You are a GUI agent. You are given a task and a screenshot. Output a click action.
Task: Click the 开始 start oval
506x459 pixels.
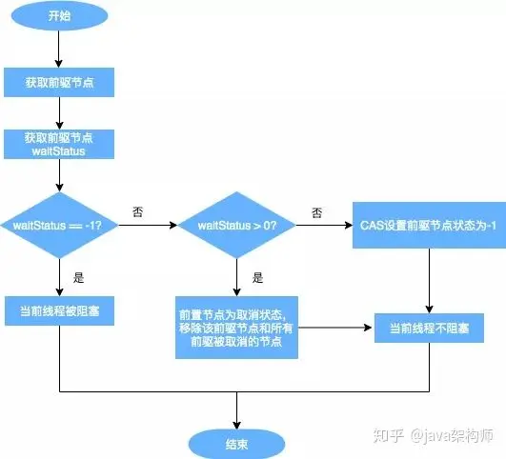coord(59,17)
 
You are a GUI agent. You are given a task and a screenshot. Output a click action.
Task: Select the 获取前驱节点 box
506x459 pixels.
coord(59,83)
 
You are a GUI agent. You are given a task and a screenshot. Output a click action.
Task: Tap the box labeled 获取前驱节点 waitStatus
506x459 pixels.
coord(59,145)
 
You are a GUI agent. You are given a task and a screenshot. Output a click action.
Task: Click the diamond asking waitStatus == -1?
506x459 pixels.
coord(59,225)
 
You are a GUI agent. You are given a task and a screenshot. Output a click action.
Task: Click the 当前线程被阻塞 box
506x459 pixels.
coord(59,312)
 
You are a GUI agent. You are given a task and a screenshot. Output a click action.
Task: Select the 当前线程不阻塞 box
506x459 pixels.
coord(429,328)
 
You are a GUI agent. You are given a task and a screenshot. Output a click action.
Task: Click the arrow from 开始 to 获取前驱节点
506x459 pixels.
coord(59,50)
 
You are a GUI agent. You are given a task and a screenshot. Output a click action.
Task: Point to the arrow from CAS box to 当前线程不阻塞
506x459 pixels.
coord(429,281)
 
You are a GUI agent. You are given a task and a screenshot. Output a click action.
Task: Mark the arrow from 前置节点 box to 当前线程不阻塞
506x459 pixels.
coord(333,328)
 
